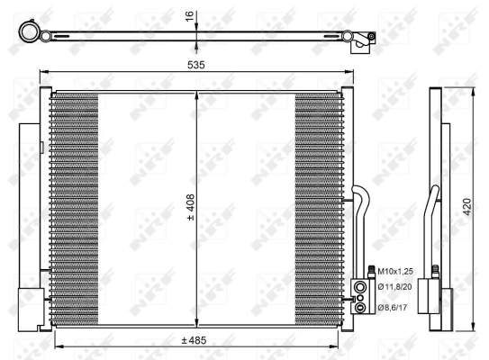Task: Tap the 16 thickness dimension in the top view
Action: click(190, 17)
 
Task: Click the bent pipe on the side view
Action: click(436, 202)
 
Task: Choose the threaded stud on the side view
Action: click(436, 270)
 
